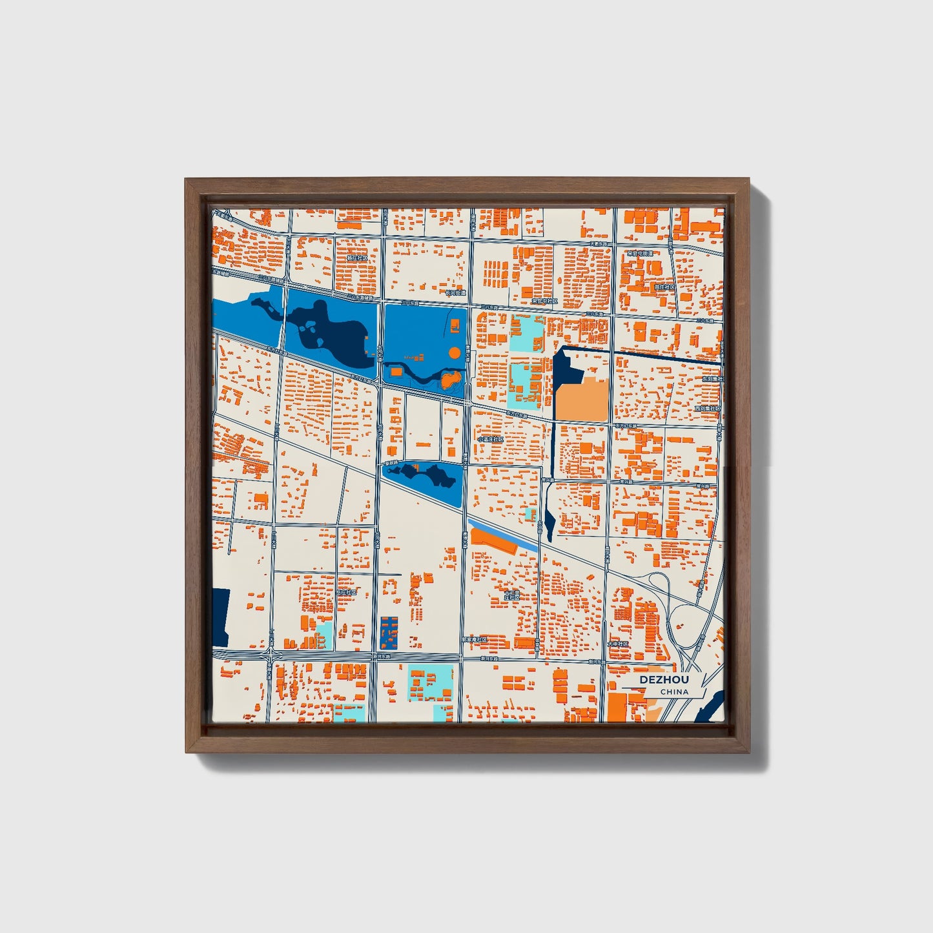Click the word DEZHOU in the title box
pyautogui.click(x=664, y=680)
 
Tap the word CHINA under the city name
pyautogui.click(x=674, y=692)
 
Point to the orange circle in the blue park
pyautogui.click(x=455, y=353)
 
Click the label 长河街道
pyautogui.click(x=455, y=293)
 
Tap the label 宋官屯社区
pyautogui.click(x=544, y=301)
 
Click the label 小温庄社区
pyautogui.click(x=491, y=439)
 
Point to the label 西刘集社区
pyautogui.click(x=707, y=408)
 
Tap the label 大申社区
pyautogui.click(x=618, y=644)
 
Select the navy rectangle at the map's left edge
pyautogui.click(x=220, y=617)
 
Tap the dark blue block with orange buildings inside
pyautogui.click(x=389, y=633)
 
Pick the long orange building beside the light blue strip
pyautogui.click(x=494, y=541)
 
